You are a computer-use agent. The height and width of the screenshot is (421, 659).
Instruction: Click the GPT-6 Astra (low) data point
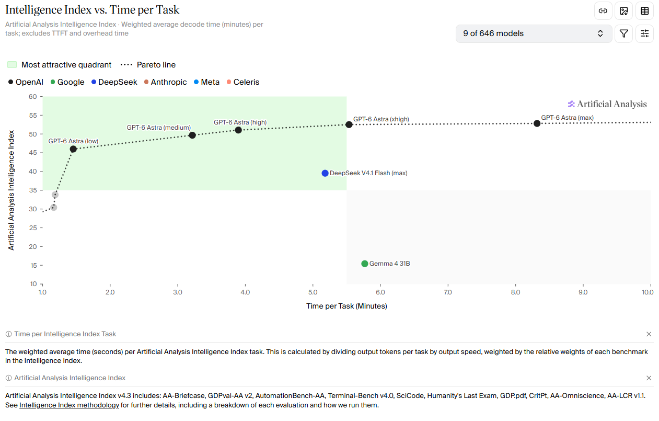[x=73, y=149]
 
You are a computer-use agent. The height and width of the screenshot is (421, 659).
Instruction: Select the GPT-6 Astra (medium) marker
[x=192, y=135]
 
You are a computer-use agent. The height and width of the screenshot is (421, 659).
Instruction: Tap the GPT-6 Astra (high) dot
[x=238, y=130]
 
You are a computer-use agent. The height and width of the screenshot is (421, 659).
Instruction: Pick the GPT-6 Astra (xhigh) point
[x=349, y=124]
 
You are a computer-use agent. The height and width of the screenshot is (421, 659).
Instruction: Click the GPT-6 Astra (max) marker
[x=537, y=123]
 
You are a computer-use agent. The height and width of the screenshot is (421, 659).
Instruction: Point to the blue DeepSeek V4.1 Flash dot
[x=325, y=173]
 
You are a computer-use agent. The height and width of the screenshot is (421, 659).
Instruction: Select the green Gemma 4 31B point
[x=364, y=264]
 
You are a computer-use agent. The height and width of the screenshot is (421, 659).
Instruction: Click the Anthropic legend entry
[x=165, y=82]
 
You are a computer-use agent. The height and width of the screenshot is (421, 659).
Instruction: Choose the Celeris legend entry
[x=243, y=82]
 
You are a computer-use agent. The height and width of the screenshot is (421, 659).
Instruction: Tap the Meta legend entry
[x=207, y=82]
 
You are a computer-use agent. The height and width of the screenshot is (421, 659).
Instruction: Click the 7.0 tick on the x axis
[x=448, y=292]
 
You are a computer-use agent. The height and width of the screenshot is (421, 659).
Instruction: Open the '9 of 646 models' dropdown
[x=534, y=33]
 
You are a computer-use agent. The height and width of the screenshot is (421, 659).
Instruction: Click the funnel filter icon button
[x=623, y=33]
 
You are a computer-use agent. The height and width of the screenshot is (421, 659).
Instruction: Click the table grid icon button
[x=644, y=11]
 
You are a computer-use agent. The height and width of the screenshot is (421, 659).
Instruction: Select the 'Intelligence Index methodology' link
[x=69, y=405]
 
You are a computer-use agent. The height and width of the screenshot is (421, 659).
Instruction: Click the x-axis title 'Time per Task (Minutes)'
[x=346, y=306]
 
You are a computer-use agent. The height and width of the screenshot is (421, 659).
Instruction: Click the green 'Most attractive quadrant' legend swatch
[x=12, y=65]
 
